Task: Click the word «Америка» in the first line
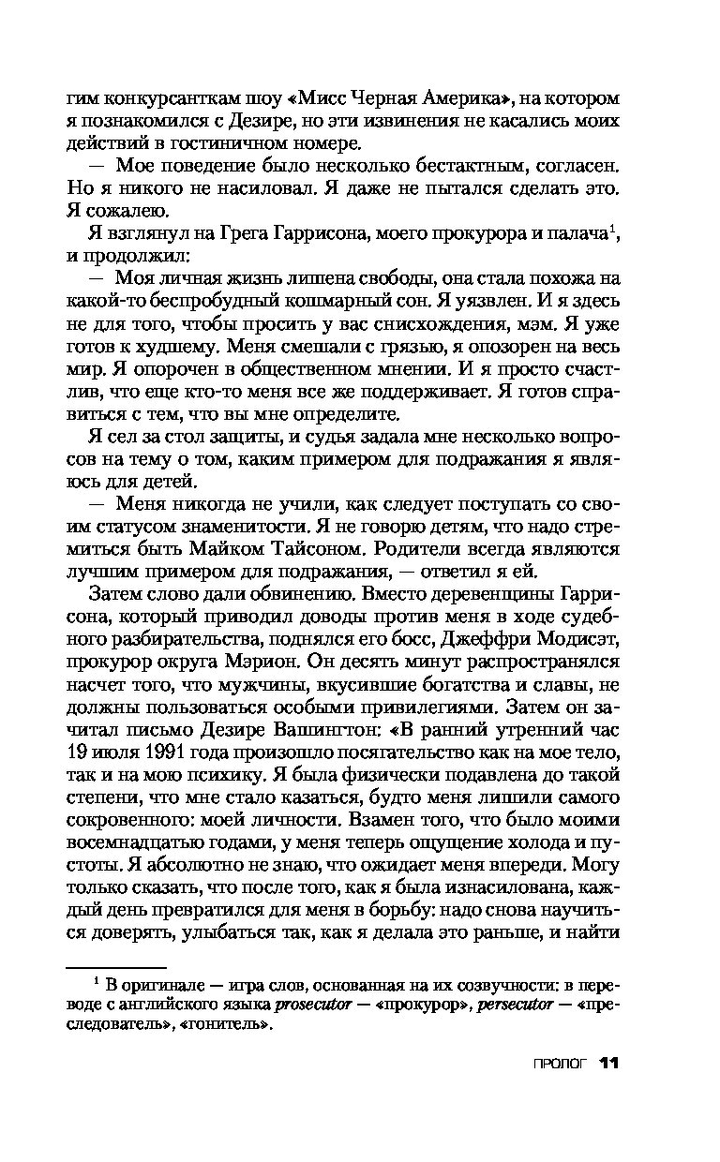pyautogui.click(x=457, y=97)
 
